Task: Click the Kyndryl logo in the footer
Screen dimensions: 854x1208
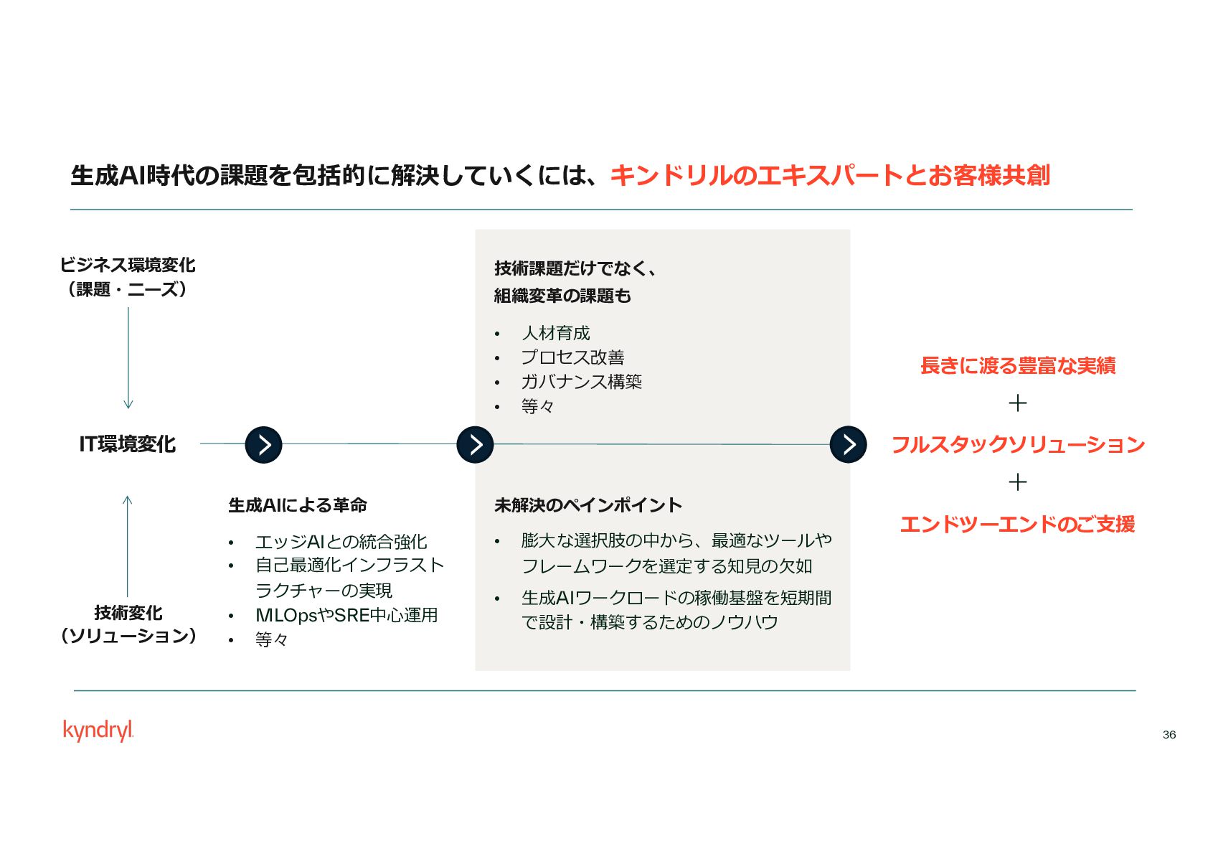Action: tap(98, 730)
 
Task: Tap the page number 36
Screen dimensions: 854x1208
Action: tap(1169, 734)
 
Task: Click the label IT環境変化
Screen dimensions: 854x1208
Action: tap(127, 444)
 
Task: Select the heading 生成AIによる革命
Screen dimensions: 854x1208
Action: tap(297, 505)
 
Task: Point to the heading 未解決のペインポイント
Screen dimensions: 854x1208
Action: tap(588, 505)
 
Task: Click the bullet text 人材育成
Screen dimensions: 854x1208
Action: tap(555, 333)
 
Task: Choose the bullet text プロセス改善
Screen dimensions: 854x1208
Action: tap(572, 357)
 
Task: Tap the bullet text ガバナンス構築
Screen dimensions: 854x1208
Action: tap(581, 382)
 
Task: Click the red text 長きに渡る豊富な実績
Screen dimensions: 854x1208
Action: tap(1017, 366)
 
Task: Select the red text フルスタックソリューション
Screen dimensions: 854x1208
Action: tap(1017, 445)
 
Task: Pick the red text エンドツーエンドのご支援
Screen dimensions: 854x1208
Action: tap(1017, 524)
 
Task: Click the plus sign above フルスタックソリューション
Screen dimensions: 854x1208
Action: tap(1017, 403)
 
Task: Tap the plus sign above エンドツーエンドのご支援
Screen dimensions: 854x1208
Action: tap(1017, 482)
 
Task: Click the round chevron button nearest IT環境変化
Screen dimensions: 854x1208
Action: tap(263, 445)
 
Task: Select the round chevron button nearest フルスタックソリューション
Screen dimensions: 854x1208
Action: tap(848, 445)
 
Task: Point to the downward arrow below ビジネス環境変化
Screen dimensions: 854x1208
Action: tap(128, 359)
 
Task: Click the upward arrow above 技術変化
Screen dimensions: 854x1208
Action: tap(128, 545)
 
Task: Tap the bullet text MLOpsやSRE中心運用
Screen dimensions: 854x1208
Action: tap(346, 615)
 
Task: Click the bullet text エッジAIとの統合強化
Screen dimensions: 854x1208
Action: tap(341, 542)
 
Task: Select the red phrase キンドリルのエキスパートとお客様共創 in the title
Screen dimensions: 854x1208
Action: tap(830, 175)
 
